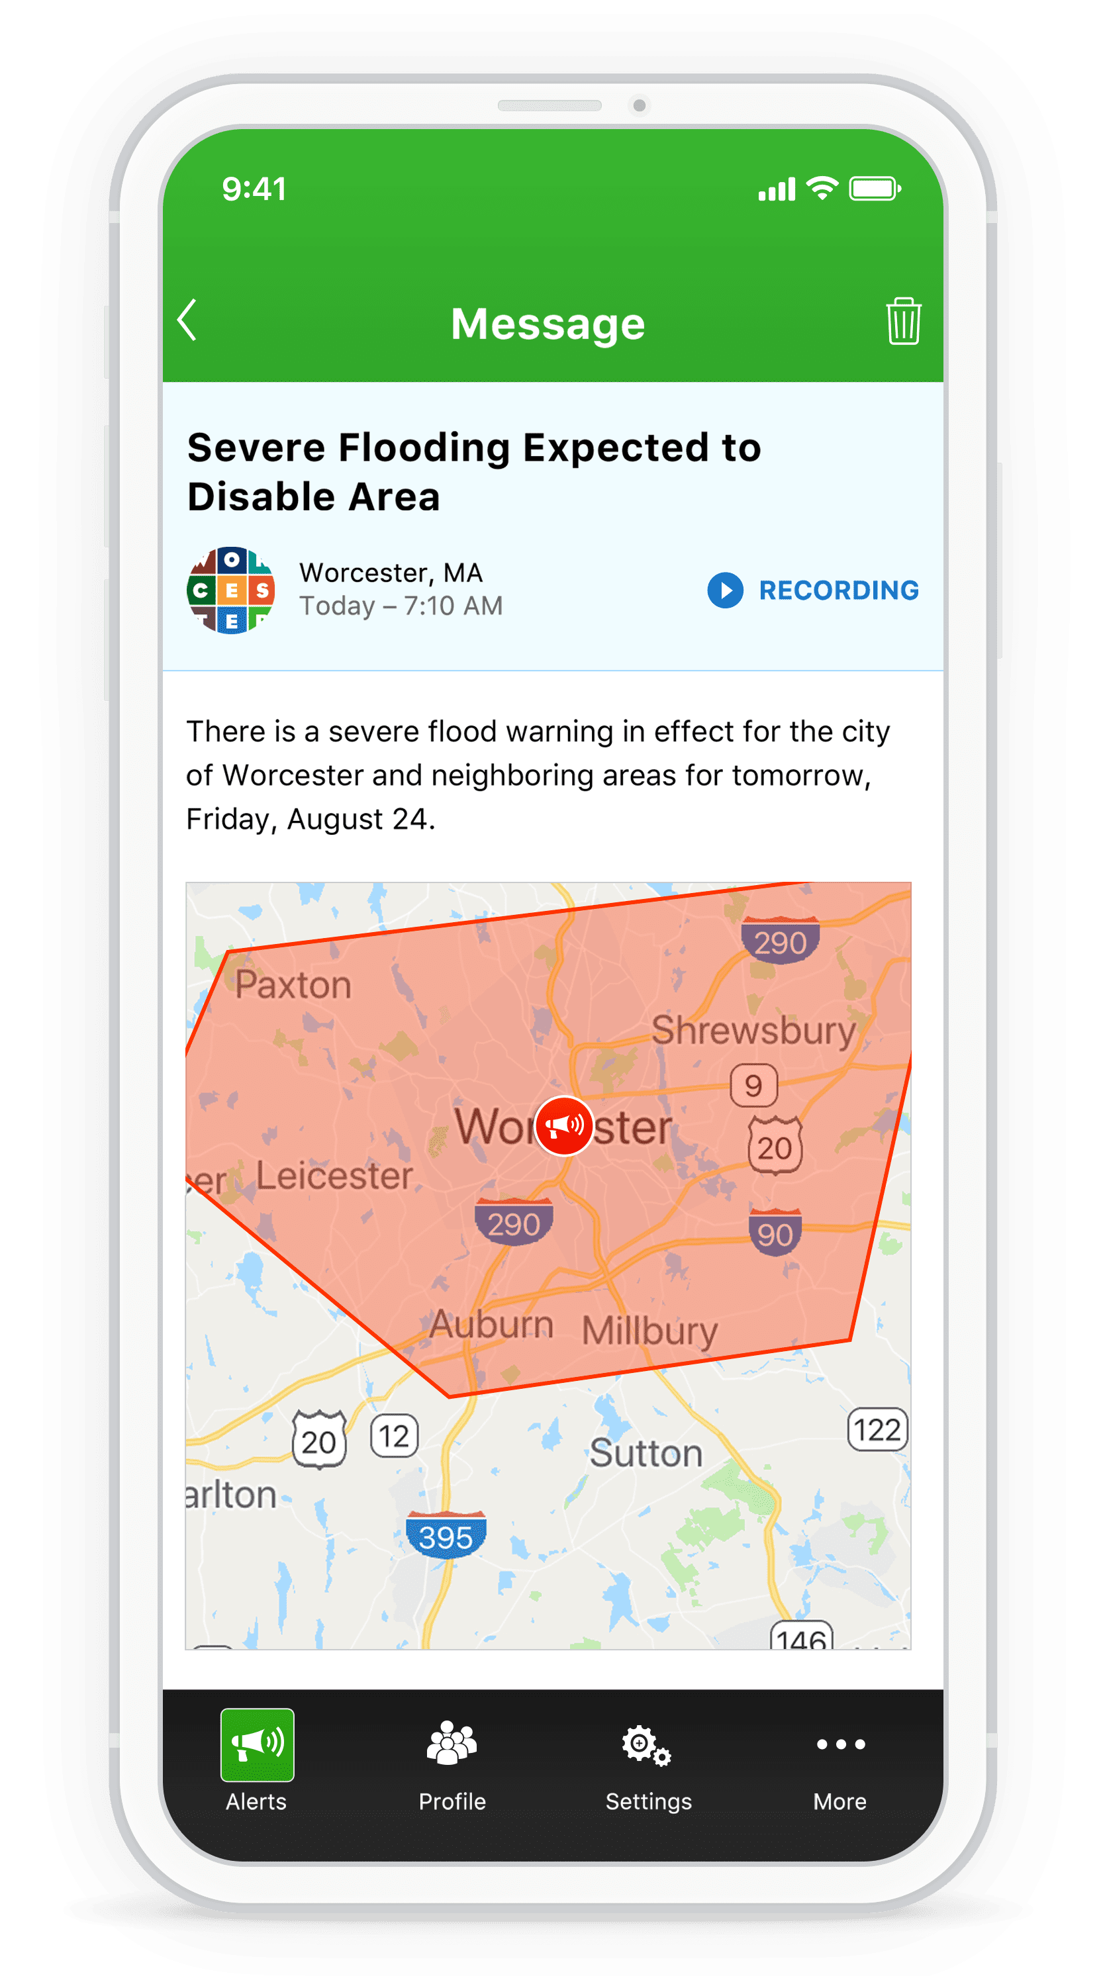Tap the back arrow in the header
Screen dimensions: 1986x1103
coord(187,320)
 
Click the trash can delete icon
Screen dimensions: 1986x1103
coord(902,320)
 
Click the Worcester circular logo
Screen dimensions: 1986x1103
coord(230,591)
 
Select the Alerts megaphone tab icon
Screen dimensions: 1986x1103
coord(257,1744)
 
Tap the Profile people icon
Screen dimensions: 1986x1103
coord(452,1744)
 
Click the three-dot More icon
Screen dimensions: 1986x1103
coord(840,1744)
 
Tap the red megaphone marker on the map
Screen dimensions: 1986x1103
coord(564,1125)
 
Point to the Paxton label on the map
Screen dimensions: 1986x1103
coord(293,985)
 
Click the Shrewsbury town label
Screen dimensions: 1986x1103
coord(753,1031)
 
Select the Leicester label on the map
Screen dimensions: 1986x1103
coord(334,1176)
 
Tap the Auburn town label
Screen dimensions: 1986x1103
coord(491,1325)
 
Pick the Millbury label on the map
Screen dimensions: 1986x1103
coord(649,1331)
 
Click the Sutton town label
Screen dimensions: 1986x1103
coord(646,1453)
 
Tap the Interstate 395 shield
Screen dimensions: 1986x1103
coord(446,1536)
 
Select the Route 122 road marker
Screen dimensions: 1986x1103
coord(877,1430)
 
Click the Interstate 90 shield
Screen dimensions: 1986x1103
coord(775,1233)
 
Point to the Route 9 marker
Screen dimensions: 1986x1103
coord(753,1086)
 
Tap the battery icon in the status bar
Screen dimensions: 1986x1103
coord(874,189)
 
